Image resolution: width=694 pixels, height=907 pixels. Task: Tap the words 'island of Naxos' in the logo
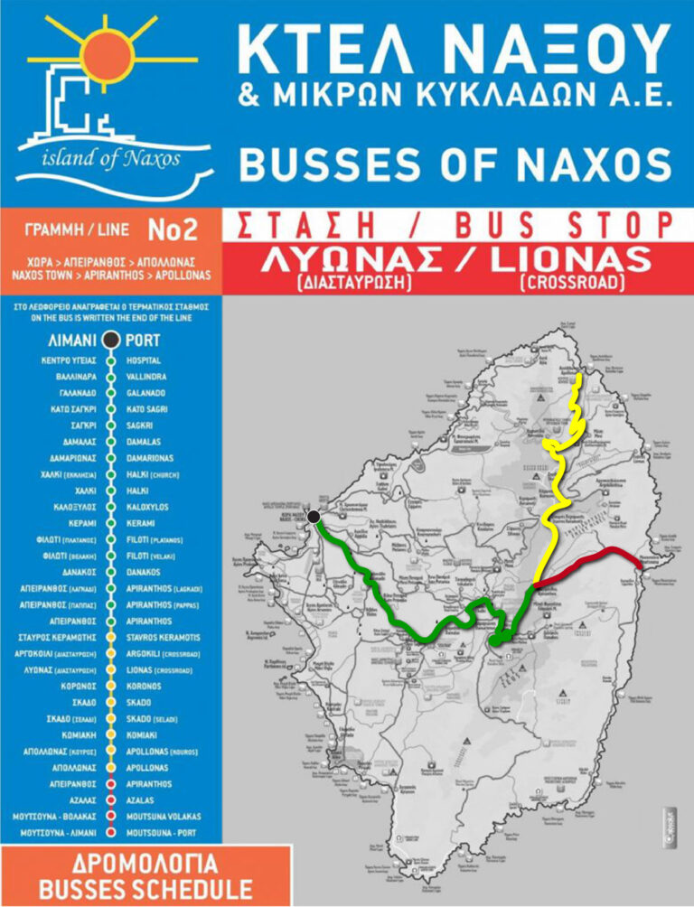(x=111, y=160)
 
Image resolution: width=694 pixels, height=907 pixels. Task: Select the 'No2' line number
(x=172, y=230)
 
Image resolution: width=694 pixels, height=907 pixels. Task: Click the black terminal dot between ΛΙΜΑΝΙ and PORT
(x=110, y=341)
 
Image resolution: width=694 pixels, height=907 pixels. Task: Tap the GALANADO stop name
(x=146, y=393)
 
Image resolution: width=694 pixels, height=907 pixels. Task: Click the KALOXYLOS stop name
(x=149, y=507)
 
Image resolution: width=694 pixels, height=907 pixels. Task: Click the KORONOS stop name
(x=146, y=686)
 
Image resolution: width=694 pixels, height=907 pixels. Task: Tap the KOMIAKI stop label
(x=144, y=734)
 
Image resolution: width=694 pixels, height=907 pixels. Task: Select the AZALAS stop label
(x=142, y=799)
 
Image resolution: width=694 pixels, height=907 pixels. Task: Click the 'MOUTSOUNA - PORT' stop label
(x=162, y=832)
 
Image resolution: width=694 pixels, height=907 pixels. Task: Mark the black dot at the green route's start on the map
(x=314, y=517)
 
